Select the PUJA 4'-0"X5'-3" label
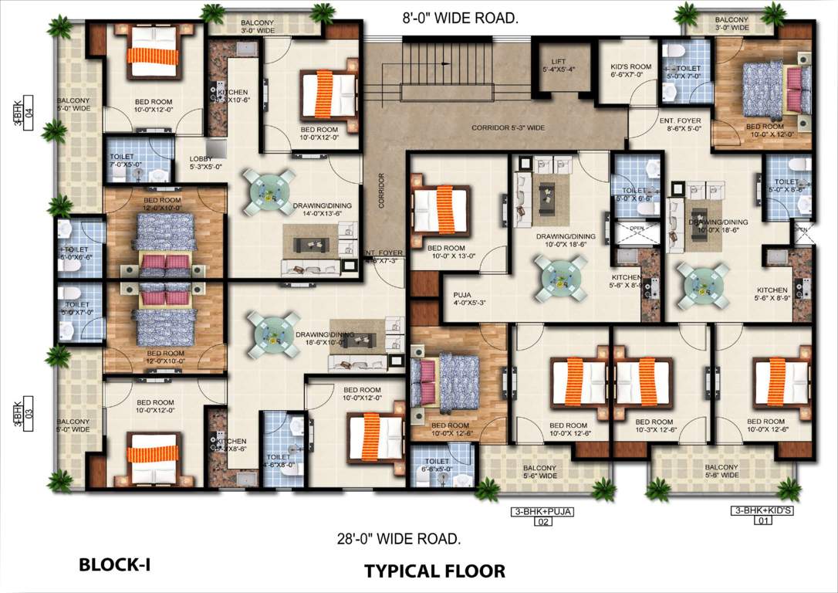coord(462,296)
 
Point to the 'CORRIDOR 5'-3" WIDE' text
coord(509,127)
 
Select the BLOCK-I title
coord(114,565)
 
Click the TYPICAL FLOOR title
coord(434,571)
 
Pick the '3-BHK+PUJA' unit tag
coord(543,511)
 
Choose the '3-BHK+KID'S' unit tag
coord(763,511)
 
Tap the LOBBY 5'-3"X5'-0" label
coord(205,163)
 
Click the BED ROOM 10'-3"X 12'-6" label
coord(654,427)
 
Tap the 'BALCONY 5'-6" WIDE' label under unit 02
coord(539,472)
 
